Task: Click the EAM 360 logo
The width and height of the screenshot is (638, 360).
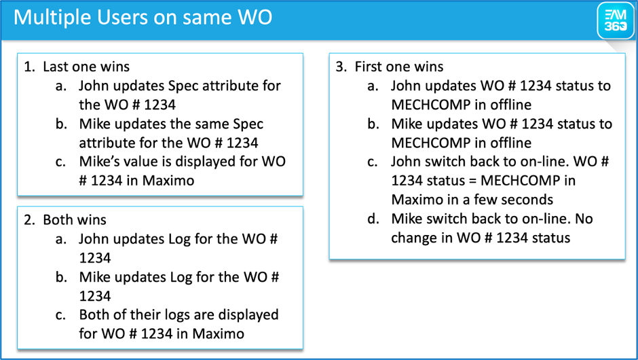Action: point(616,21)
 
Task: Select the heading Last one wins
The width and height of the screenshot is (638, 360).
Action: point(86,67)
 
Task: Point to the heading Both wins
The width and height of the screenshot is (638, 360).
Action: point(75,219)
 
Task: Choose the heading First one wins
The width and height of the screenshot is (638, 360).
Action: point(399,67)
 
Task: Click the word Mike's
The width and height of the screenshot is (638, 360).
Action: point(98,161)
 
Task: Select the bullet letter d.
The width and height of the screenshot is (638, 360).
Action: point(373,219)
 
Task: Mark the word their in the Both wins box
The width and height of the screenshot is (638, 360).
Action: point(146,314)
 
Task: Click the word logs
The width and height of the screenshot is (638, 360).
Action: point(176,315)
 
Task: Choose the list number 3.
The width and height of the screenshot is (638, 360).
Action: point(341,67)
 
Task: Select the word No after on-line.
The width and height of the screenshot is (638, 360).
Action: point(584,219)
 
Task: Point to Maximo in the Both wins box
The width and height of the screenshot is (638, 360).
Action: point(218,334)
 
